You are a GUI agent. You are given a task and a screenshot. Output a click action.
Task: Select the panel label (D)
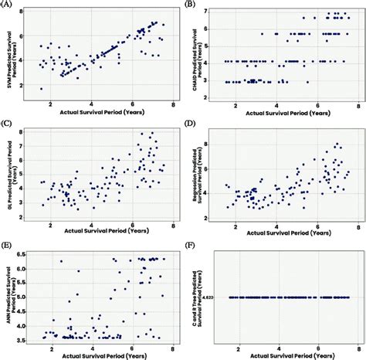tap(191, 123)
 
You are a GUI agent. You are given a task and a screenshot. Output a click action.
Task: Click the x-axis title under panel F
tap(290, 355)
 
